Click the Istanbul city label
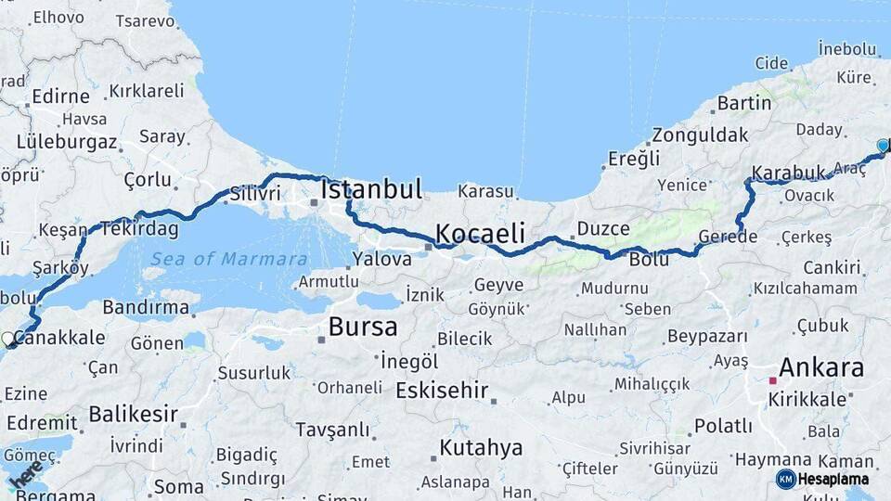tap(371, 190)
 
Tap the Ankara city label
tap(821, 367)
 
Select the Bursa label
tap(363, 327)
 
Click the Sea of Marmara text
tap(229, 259)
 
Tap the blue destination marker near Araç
tap(883, 146)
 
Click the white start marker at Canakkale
tap(7, 339)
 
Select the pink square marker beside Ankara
tap(772, 380)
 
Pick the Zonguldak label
tap(700, 135)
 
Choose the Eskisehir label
tap(442, 391)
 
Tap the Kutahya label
tap(481, 448)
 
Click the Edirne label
tap(60, 96)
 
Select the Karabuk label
tap(788, 173)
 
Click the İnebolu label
tap(847, 48)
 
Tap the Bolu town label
tap(649, 260)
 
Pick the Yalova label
tap(382, 260)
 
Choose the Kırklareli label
tap(147, 91)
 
